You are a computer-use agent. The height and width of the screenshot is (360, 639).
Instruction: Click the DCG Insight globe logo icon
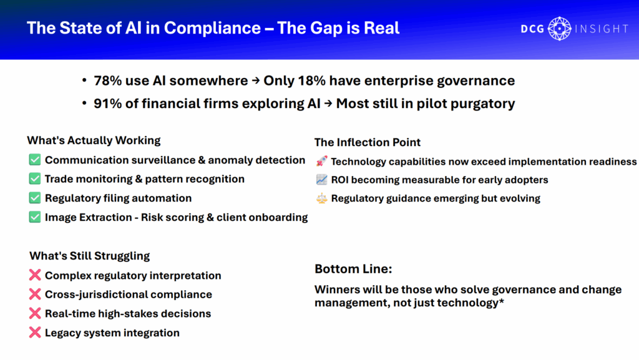point(560,29)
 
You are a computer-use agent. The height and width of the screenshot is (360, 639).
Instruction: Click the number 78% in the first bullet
point(107,80)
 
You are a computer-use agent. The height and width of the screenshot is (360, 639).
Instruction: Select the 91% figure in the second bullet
point(107,104)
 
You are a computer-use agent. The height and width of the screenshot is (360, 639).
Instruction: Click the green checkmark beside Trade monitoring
point(35,179)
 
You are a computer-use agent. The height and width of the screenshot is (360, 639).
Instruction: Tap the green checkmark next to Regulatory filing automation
point(35,198)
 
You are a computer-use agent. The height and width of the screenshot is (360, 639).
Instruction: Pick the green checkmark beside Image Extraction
point(35,217)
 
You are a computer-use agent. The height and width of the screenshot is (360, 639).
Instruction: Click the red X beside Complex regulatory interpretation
point(35,275)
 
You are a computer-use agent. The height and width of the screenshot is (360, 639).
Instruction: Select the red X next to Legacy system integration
point(35,333)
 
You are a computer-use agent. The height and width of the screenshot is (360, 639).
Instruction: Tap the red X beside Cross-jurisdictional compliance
point(35,294)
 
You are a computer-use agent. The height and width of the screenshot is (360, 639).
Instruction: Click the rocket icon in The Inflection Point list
point(321,161)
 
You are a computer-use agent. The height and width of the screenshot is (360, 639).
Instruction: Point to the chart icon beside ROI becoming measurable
point(321,180)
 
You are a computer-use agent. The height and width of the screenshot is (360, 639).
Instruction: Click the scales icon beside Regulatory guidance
point(321,198)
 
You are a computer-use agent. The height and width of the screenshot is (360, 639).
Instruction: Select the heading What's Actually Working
point(94,140)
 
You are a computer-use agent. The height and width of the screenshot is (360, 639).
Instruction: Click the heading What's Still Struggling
point(90,256)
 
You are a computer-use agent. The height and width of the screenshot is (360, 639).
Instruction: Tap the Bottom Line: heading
point(353,269)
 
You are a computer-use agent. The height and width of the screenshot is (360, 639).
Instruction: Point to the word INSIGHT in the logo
point(602,29)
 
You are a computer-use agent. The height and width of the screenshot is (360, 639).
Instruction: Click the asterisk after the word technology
point(502,301)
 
